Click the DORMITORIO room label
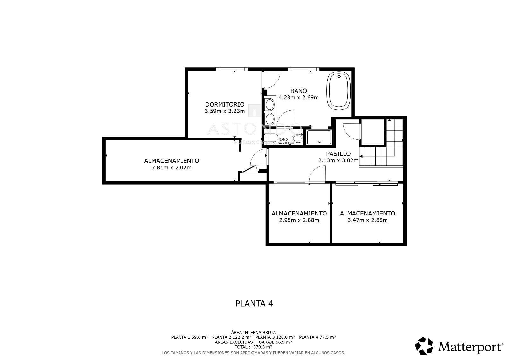[x=225, y=104]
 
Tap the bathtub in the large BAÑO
[x=338, y=90]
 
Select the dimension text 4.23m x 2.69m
[x=298, y=98]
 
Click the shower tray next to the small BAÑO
[x=319, y=137]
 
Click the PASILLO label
[x=338, y=154]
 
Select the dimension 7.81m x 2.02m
[x=171, y=168]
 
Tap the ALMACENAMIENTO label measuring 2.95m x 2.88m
[x=299, y=213]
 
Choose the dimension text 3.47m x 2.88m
[x=367, y=220]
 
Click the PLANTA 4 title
[x=254, y=303]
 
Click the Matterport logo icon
[x=424, y=346]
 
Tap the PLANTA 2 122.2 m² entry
[x=232, y=337]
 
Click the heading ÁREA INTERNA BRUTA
[x=253, y=332]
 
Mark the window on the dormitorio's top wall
[x=231, y=69]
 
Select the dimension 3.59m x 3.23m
[x=225, y=111]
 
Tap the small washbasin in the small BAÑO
[x=297, y=138]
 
